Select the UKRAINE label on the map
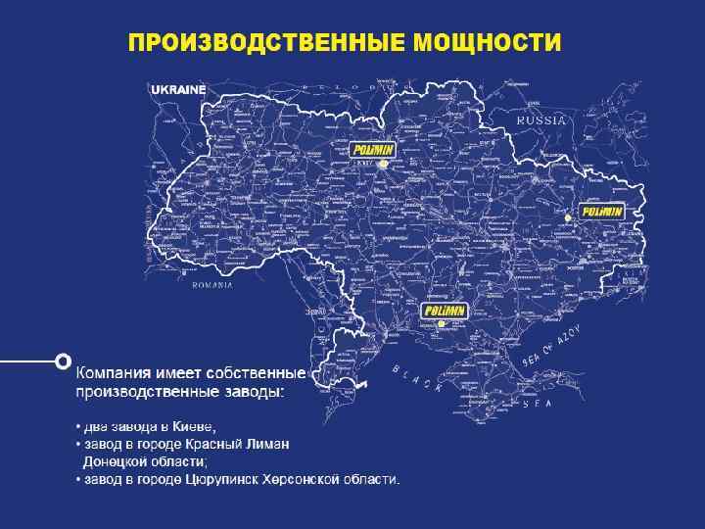(178, 89)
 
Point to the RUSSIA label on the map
(541, 120)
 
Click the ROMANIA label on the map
(212, 285)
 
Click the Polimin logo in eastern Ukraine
(600, 211)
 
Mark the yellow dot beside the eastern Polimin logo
(566, 216)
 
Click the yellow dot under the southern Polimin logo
(442, 324)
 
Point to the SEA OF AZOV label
(551, 349)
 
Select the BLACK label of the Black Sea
(417, 379)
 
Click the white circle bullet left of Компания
(64, 360)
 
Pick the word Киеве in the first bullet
(193, 426)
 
